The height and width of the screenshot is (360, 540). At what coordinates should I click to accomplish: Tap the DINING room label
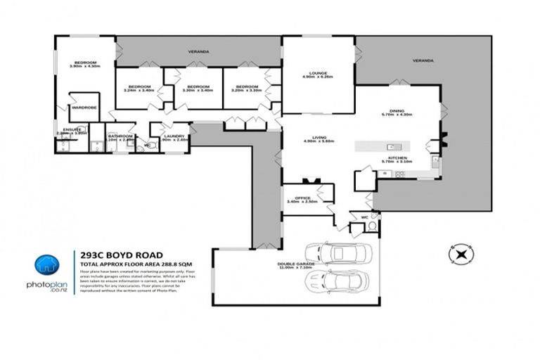397,111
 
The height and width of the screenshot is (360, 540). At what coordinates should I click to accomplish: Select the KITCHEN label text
396,158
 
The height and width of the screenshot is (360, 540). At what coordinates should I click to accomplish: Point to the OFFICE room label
303,198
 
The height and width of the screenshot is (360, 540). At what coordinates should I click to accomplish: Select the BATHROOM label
120,136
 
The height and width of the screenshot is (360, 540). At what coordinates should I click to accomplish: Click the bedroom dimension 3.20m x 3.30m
246,90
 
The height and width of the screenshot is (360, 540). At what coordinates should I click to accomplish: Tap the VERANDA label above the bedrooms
199,52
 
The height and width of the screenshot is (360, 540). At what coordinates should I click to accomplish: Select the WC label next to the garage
364,218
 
